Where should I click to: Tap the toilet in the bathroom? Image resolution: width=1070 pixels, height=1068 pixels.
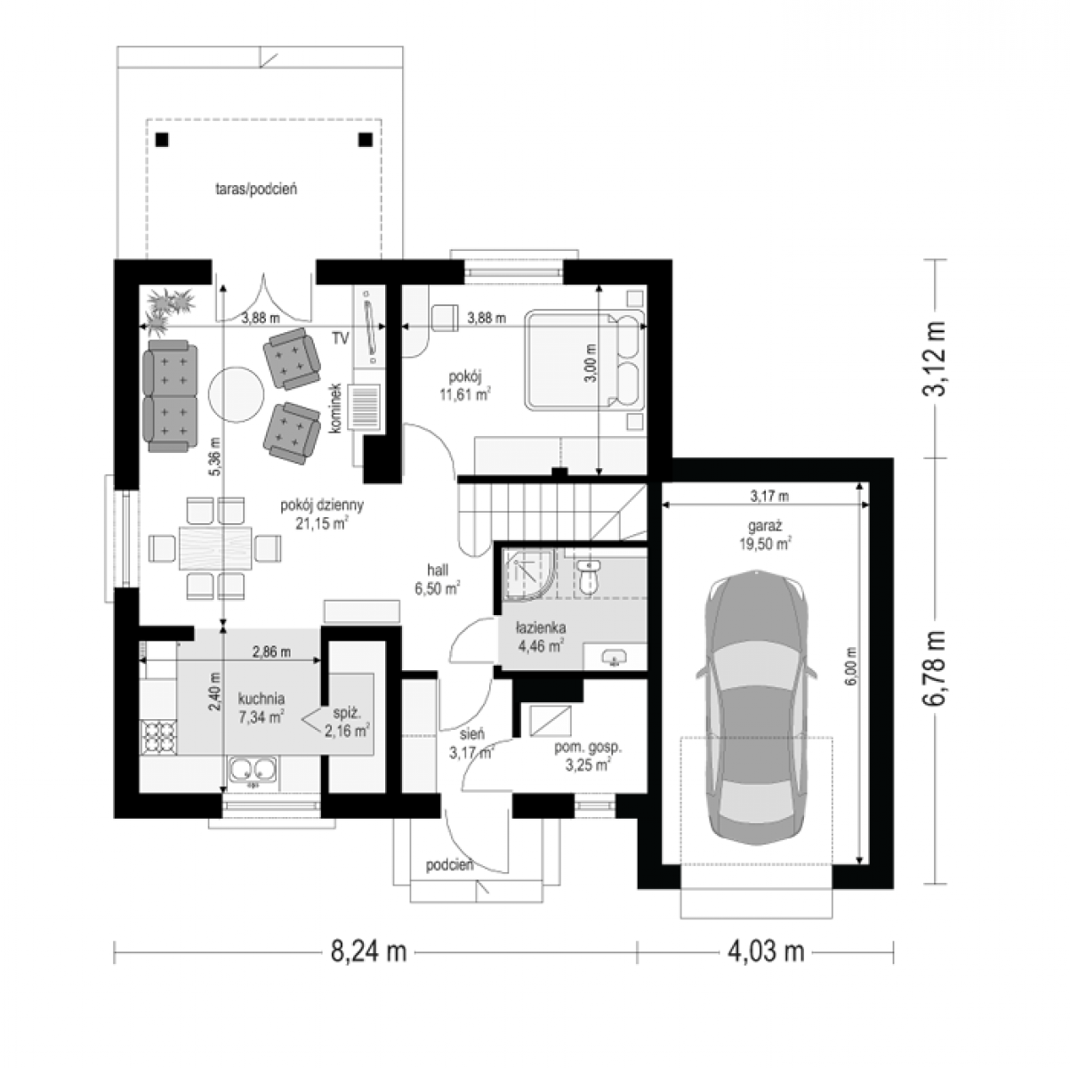pos(587,578)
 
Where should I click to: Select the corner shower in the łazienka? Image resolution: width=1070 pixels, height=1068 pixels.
pos(529,575)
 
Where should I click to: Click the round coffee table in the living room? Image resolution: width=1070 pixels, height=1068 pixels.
pos(236,394)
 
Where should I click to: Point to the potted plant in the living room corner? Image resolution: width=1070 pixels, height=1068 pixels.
pos(169,309)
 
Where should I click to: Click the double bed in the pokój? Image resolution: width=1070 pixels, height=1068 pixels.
pos(584,360)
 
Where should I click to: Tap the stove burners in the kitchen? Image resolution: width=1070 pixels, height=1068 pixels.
pos(159,737)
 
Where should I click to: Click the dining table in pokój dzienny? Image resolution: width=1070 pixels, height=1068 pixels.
pos(215,548)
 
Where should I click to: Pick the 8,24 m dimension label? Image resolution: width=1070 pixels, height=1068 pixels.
pos(369,951)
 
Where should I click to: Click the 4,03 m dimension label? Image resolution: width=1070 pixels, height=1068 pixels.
pos(767,951)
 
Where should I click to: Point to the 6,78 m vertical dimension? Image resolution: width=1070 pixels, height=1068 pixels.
pos(934,667)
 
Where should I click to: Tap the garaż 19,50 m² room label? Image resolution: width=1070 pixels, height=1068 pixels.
pos(765,535)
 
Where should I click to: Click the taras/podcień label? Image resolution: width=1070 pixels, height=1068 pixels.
pos(256,189)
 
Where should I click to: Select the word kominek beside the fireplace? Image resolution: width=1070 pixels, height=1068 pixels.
pos(334,409)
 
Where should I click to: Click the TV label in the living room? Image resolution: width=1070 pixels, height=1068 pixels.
pos(341,338)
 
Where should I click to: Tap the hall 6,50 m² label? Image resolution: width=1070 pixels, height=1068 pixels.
pos(438,579)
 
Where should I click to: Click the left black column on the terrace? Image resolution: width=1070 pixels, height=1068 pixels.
pos(162,140)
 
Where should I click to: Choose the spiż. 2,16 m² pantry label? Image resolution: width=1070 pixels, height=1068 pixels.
pos(347,723)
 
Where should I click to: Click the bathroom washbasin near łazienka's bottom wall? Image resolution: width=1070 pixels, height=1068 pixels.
pos(614,659)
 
